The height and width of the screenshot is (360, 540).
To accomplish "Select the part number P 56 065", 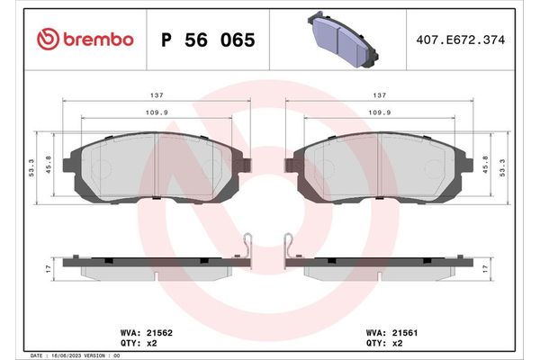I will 207,40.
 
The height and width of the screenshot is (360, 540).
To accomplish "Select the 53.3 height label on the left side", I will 31,167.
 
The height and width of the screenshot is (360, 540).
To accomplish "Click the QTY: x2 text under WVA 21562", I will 134,343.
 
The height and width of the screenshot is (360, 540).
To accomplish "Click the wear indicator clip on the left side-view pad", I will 249,244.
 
